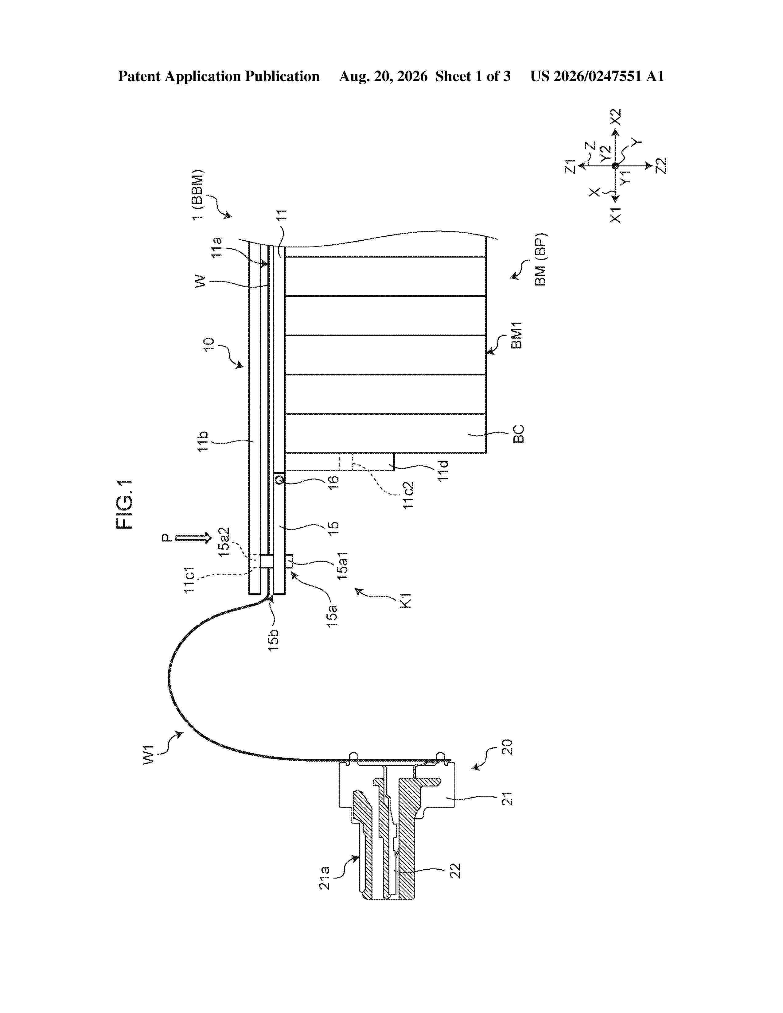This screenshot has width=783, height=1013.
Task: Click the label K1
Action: click(x=405, y=600)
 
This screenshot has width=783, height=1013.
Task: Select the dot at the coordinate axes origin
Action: click(x=615, y=165)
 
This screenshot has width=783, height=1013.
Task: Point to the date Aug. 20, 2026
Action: click(x=383, y=76)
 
